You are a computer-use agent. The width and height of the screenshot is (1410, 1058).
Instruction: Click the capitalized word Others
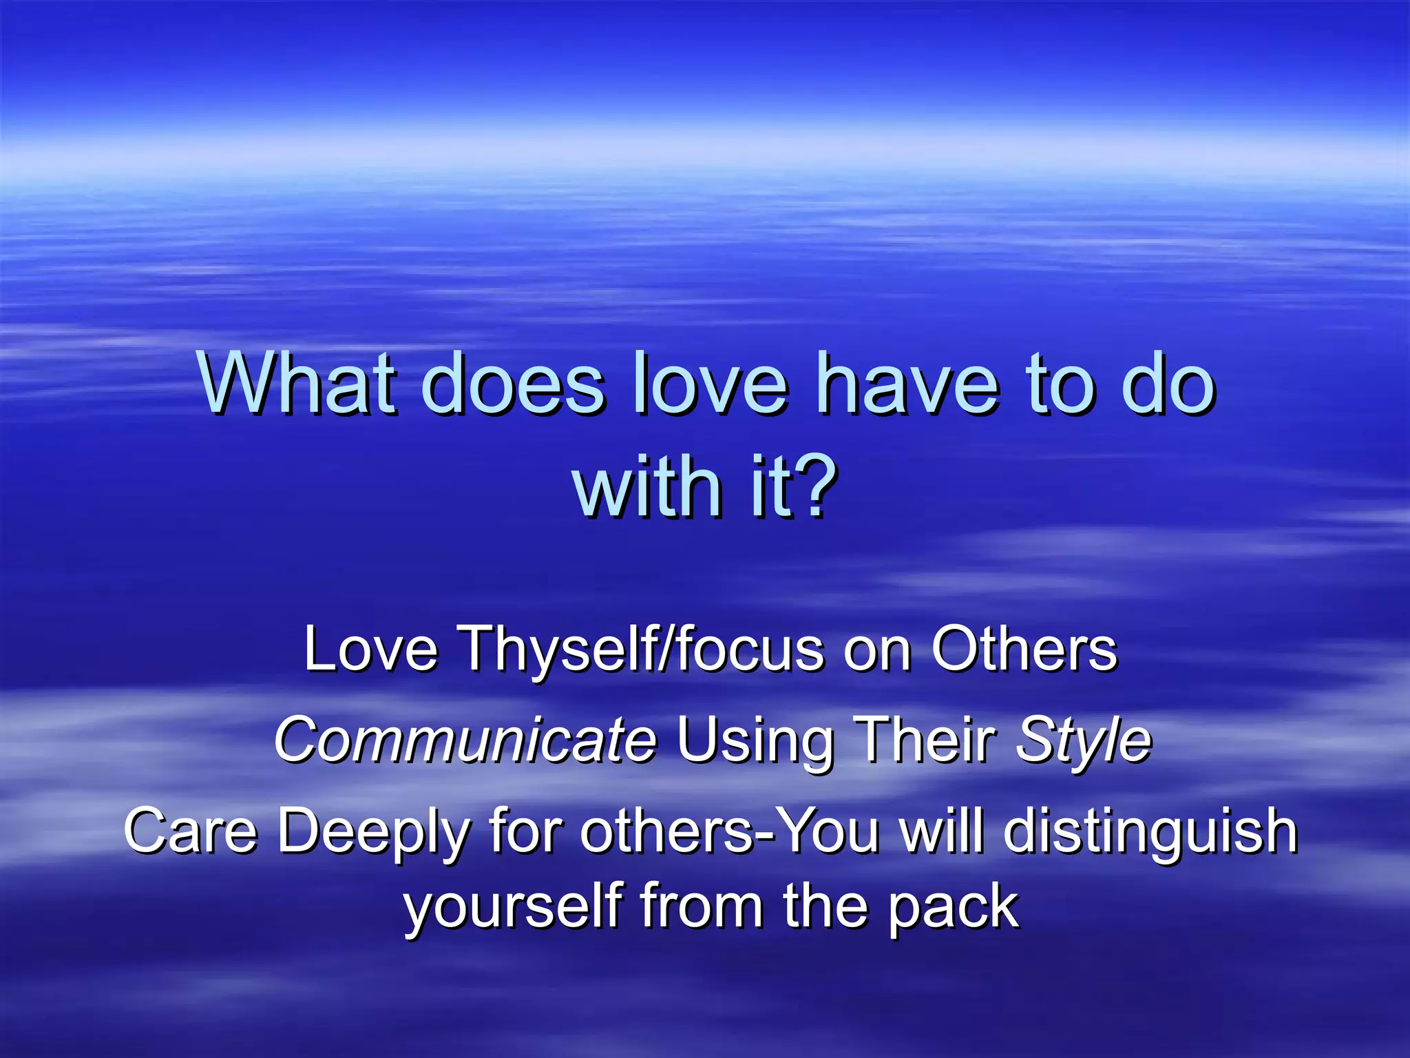pyautogui.click(x=1024, y=649)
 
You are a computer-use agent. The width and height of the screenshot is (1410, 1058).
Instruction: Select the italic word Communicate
pyautogui.click(x=465, y=740)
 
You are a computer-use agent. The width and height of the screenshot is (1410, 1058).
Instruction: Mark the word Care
pyautogui.click(x=190, y=831)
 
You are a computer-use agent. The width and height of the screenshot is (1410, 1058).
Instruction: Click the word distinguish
pyautogui.click(x=1150, y=832)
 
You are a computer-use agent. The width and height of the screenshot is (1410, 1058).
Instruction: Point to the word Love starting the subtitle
pyautogui.click(x=371, y=649)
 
